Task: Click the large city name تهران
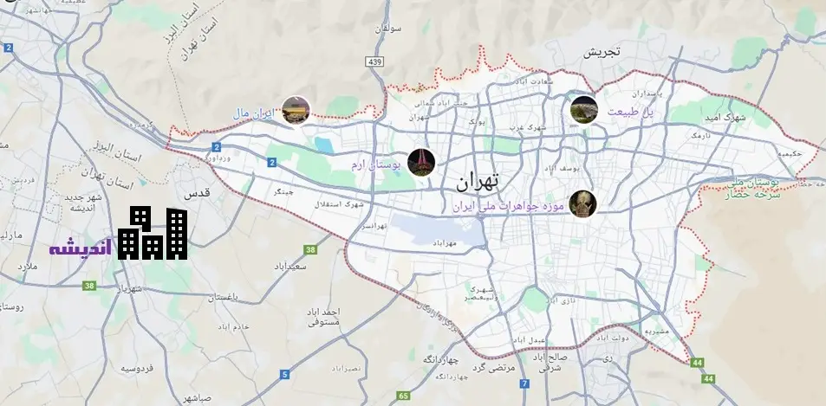pos(478,182)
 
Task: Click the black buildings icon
pos(153,234)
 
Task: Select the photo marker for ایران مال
pos(296,110)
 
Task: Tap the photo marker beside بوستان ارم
pos(420,162)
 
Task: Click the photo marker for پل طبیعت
pos(584,110)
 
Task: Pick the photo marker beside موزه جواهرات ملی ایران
pos(583,204)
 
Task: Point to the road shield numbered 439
pos(375,61)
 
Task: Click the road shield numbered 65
pos(403,396)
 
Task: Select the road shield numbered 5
pos(284,374)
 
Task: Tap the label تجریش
pos(602,52)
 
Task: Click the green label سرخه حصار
pos(755,195)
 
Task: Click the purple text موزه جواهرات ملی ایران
pos(509,207)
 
